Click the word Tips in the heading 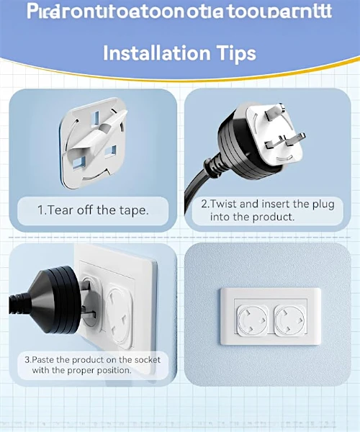[x=232, y=53]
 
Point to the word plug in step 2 [x=321, y=204]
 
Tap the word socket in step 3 [x=145, y=359]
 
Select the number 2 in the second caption [x=204, y=204]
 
